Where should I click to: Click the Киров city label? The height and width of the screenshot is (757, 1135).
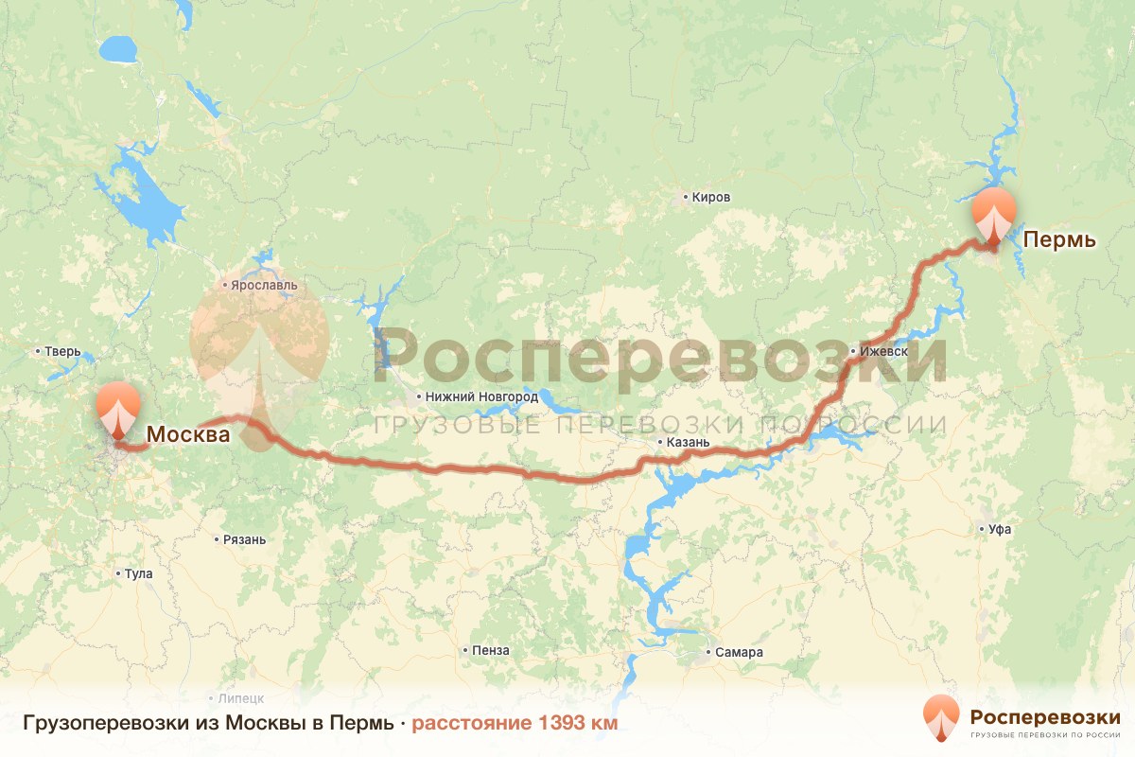pyautogui.click(x=711, y=198)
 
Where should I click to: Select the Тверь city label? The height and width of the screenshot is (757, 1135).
pyautogui.click(x=62, y=351)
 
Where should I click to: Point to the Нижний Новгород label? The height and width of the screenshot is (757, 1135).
pyautogui.click(x=483, y=396)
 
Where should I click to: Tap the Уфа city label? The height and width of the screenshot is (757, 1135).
pyautogui.click(x=1000, y=529)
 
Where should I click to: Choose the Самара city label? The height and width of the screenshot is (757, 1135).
pyautogui.click(x=739, y=652)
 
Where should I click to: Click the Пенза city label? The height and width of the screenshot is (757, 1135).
pyautogui.click(x=492, y=650)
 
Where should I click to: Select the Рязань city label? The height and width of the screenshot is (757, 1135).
pyautogui.click(x=244, y=539)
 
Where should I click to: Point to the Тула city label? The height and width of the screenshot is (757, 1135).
pyautogui.click(x=138, y=573)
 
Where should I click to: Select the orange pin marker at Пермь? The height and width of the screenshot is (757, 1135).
pyautogui.click(x=993, y=215)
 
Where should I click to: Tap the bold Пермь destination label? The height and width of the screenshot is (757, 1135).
pyautogui.click(x=1059, y=239)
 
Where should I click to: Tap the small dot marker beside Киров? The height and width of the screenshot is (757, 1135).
pyautogui.click(x=686, y=198)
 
